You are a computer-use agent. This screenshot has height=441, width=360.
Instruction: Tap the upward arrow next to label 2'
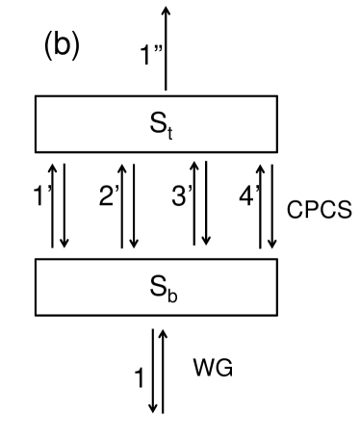122,202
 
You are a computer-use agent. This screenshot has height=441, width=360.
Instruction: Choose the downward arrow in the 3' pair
207,202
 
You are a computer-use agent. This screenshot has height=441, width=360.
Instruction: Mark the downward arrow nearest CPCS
274,202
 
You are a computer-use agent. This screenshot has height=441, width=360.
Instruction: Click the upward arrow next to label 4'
261,202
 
